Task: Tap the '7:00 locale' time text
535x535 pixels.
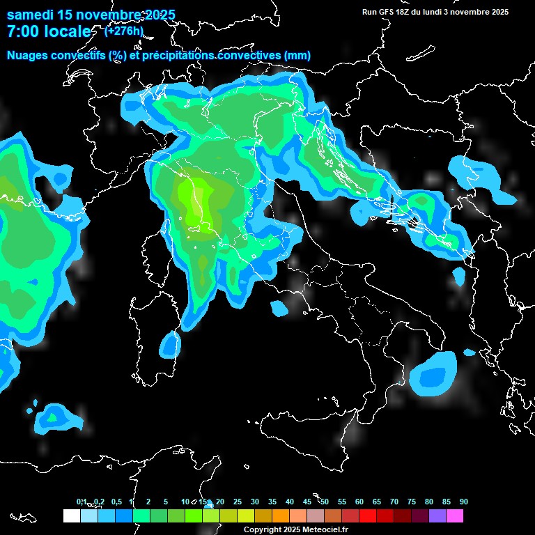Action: click(x=48, y=31)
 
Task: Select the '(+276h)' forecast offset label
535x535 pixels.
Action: click(x=124, y=31)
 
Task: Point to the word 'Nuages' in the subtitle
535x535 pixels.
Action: click(x=29, y=55)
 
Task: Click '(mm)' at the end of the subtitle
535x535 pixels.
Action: click(x=297, y=55)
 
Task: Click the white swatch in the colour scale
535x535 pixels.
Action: click(x=71, y=515)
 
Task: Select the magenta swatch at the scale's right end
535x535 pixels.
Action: click(x=455, y=515)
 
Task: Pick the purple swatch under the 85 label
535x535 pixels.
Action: click(x=437, y=515)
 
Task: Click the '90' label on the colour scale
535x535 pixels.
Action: click(x=463, y=502)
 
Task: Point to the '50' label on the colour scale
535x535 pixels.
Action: click(x=325, y=502)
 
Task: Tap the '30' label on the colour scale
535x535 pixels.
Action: click(x=255, y=502)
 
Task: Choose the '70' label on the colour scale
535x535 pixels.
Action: click(x=394, y=502)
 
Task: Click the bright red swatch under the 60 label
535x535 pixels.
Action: click(x=368, y=515)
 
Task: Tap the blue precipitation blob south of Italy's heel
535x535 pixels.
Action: click(x=434, y=374)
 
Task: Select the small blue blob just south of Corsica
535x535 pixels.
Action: click(x=169, y=343)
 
